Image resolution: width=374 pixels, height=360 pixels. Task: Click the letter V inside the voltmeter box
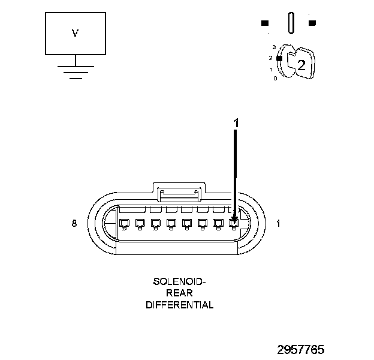pos(75,34)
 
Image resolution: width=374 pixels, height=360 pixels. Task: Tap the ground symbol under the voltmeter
pos(75,70)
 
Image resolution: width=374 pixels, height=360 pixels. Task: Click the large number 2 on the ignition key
pos(301,65)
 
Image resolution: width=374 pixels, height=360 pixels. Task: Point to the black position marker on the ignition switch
pos(279,58)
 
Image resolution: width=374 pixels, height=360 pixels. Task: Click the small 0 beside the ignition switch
pos(275,79)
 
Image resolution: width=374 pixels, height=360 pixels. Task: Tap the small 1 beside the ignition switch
pos(272,69)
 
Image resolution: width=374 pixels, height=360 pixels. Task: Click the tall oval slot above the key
pos(291,23)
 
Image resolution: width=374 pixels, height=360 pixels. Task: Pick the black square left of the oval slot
pos(264,23)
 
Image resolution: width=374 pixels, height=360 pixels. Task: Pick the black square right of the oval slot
pos(312,23)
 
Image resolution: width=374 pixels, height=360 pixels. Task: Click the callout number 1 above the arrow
pos(236,122)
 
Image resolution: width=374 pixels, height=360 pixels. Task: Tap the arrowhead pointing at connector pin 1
pos(234,221)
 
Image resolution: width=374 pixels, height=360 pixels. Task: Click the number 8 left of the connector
pos(74,224)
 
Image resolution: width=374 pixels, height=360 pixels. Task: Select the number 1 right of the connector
pos(278,224)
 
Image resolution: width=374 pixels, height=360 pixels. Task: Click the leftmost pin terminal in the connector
pos(125,224)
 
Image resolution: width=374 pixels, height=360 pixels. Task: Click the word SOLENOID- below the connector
pos(179,281)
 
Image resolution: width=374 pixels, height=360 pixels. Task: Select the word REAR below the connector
pos(179,293)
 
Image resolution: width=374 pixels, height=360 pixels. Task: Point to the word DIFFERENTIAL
pos(179,305)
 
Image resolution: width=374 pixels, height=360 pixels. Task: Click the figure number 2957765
pos(309,349)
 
